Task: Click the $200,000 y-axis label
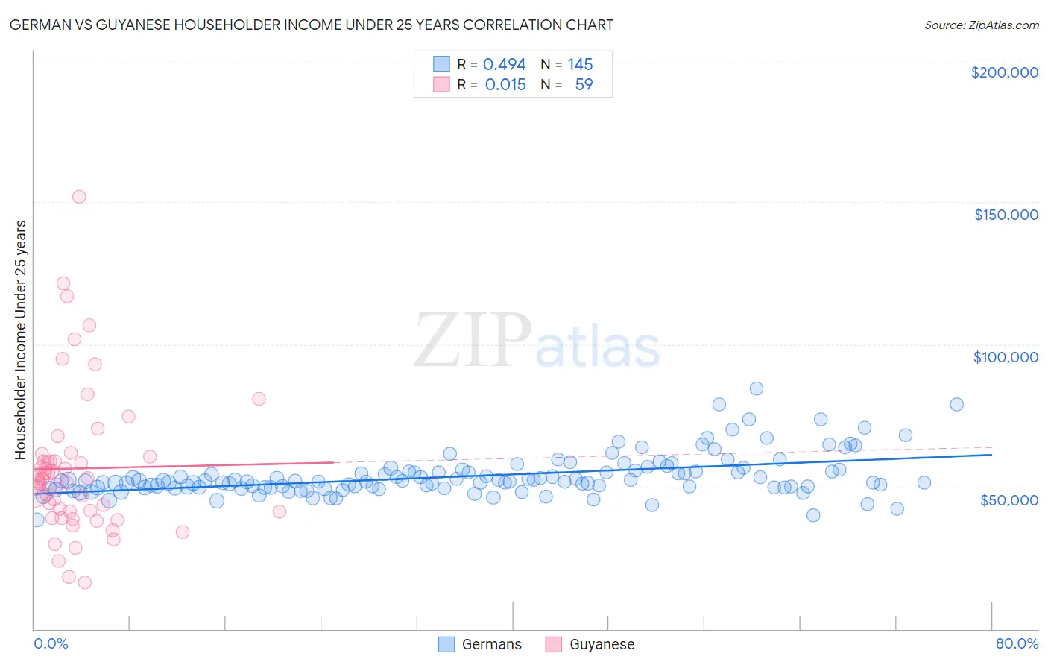coord(1004,72)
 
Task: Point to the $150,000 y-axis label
coord(1006,215)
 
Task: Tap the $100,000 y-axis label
coord(1006,357)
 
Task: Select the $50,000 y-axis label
coord(1008,500)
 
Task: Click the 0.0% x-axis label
coord(51,644)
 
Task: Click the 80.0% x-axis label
coord(1017,644)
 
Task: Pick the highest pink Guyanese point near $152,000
coord(79,197)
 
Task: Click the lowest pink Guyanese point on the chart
coord(85,582)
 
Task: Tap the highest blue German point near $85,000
coord(757,388)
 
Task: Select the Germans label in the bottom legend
coord(491,645)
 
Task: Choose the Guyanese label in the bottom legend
coord(602,645)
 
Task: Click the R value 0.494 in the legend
coord(504,65)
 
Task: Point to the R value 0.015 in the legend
coord(505,85)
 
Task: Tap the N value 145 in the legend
coord(580,65)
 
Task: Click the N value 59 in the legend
coord(584,85)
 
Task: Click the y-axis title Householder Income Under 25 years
coord(21,339)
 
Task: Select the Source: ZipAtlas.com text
coord(981,25)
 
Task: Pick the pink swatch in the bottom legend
coord(553,645)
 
